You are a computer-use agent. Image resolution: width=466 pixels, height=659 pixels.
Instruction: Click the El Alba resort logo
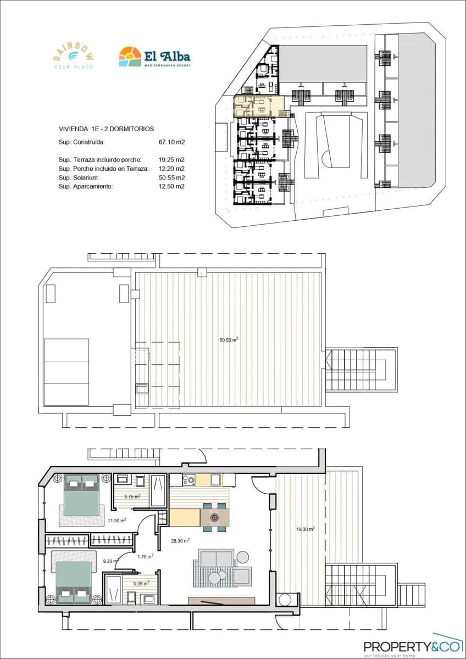point(154,57)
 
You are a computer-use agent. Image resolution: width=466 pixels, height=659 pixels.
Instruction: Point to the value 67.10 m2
point(171,142)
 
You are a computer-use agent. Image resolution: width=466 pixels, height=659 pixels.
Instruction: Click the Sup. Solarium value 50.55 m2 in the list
point(171,177)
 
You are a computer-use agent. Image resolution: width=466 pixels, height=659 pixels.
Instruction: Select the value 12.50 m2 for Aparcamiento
point(171,186)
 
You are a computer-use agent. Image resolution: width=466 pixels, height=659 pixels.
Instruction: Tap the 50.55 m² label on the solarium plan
point(228,340)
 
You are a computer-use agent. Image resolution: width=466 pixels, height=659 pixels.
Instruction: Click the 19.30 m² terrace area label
point(305,529)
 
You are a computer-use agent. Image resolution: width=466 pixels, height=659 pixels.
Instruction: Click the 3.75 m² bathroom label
point(132,496)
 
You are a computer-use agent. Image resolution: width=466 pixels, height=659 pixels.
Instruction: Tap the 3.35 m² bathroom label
point(141,584)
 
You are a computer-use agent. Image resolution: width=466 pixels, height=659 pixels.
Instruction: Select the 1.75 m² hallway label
point(145,556)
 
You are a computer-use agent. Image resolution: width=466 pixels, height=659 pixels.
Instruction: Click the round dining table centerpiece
point(215,517)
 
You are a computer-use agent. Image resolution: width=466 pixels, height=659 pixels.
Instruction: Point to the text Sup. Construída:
point(81,142)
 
